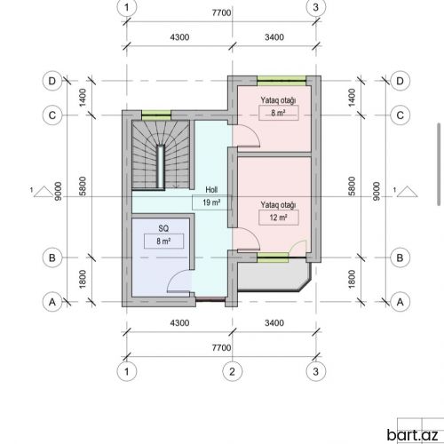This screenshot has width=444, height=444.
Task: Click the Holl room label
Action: tap(211, 190)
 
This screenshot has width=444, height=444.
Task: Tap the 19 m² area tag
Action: tap(211, 202)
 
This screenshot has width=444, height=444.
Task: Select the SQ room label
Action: tap(163, 228)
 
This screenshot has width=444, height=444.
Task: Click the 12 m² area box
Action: tap(278, 218)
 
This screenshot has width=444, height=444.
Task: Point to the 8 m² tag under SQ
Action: tap(163, 242)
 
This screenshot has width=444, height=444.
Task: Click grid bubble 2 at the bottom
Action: tap(232, 371)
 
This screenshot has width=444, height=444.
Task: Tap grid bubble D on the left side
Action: tap(52, 81)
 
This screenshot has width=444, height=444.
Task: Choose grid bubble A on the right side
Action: tap(400, 302)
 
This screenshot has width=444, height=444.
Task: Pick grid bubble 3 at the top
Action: tap(316, 7)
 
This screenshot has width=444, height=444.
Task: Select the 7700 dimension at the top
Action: tap(221, 13)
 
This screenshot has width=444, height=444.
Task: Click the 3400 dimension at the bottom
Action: tap(274, 322)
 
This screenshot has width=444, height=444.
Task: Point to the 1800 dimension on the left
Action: tap(83, 279)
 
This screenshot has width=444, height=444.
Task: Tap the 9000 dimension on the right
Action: tap(376, 191)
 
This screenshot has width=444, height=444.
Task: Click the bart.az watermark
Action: tap(412, 435)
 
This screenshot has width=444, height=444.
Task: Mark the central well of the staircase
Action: tap(161, 166)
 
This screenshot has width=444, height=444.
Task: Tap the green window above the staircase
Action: tap(156, 115)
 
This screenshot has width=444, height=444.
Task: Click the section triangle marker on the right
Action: tap(407, 192)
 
